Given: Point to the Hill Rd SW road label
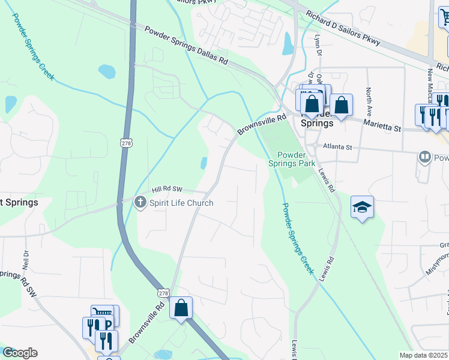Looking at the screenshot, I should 166,188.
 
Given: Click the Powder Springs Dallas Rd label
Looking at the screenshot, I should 186,45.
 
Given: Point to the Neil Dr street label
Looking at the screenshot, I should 25,259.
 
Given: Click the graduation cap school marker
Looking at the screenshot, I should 362,207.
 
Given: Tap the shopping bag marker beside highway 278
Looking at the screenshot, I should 181,308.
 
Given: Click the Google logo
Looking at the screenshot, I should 20,353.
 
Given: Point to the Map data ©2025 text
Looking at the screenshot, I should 423,355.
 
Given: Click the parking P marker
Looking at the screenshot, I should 107,325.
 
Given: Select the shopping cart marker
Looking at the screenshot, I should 103,313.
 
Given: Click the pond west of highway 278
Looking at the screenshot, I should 107,71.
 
